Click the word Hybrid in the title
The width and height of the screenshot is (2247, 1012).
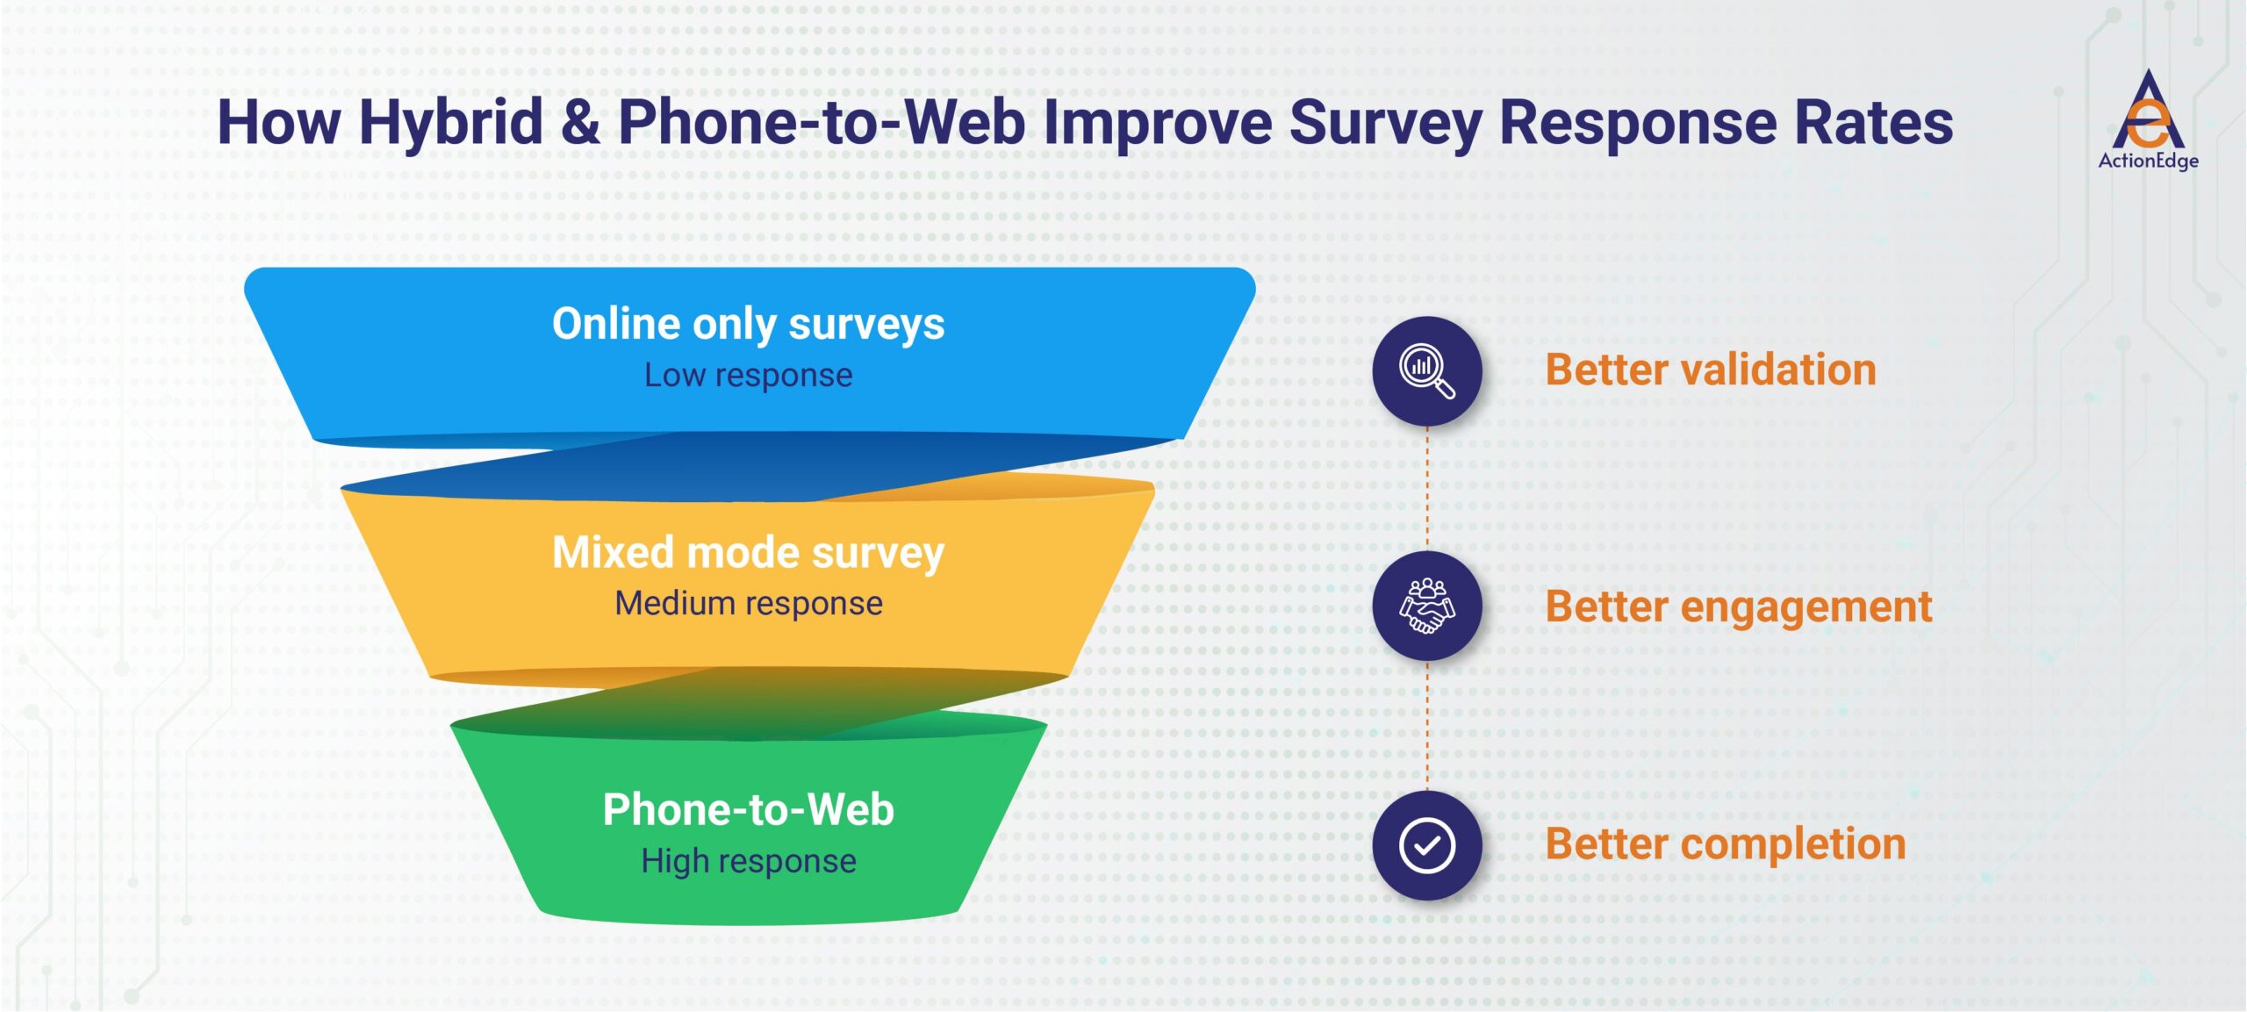(x=451, y=123)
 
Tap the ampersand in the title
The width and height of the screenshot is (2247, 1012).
(x=580, y=123)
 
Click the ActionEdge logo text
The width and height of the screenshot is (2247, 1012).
(x=2148, y=161)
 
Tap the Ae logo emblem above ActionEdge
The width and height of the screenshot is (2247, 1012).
(x=2148, y=111)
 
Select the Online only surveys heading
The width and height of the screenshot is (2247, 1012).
(x=748, y=324)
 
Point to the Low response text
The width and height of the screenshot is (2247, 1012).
(x=748, y=375)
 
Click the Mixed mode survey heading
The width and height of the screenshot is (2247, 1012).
(x=748, y=552)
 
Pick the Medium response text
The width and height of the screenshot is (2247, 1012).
(x=748, y=603)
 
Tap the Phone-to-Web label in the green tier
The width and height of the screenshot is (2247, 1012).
(x=748, y=809)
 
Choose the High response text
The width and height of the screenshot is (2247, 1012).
(x=748, y=861)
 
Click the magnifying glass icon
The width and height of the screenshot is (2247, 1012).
(x=1426, y=371)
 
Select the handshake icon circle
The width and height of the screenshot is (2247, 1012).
(x=1426, y=606)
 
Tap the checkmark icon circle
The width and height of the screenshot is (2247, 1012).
(x=1426, y=844)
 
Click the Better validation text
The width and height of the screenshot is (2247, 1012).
(x=1710, y=370)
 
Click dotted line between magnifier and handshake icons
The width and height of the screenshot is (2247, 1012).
(x=1426, y=488)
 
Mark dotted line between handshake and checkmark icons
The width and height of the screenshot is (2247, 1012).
(x=1426, y=725)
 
